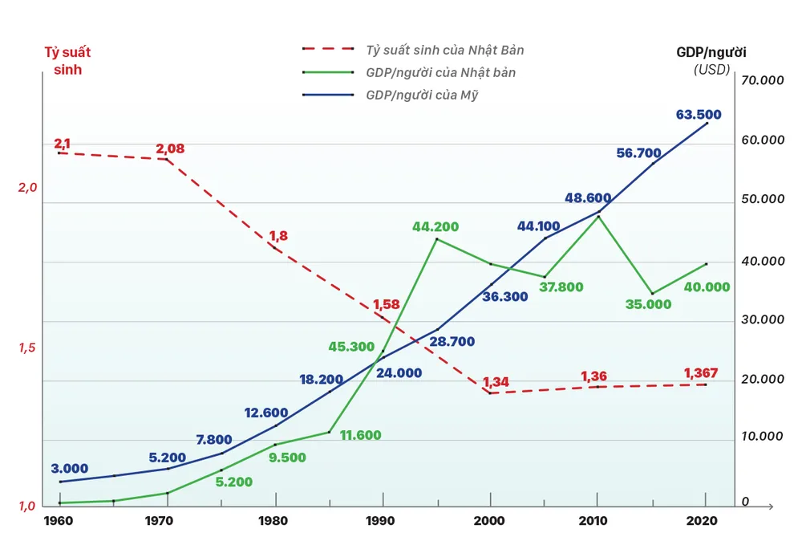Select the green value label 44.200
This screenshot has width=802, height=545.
(x=435, y=227)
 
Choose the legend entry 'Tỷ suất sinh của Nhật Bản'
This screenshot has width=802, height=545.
(x=444, y=50)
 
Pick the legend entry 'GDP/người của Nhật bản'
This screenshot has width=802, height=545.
(x=440, y=72)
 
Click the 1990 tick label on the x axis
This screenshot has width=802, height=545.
(x=381, y=520)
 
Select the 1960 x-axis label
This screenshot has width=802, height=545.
(x=59, y=520)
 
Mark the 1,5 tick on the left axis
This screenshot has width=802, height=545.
(x=28, y=348)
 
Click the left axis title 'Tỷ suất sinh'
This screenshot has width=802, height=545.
(x=67, y=61)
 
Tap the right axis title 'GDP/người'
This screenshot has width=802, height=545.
(x=711, y=53)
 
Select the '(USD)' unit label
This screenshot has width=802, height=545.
(x=711, y=69)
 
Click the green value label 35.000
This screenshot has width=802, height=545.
(x=648, y=304)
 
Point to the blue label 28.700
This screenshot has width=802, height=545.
(x=452, y=341)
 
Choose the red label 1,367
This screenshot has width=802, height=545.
(x=700, y=372)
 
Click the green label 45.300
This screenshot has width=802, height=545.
(x=351, y=347)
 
